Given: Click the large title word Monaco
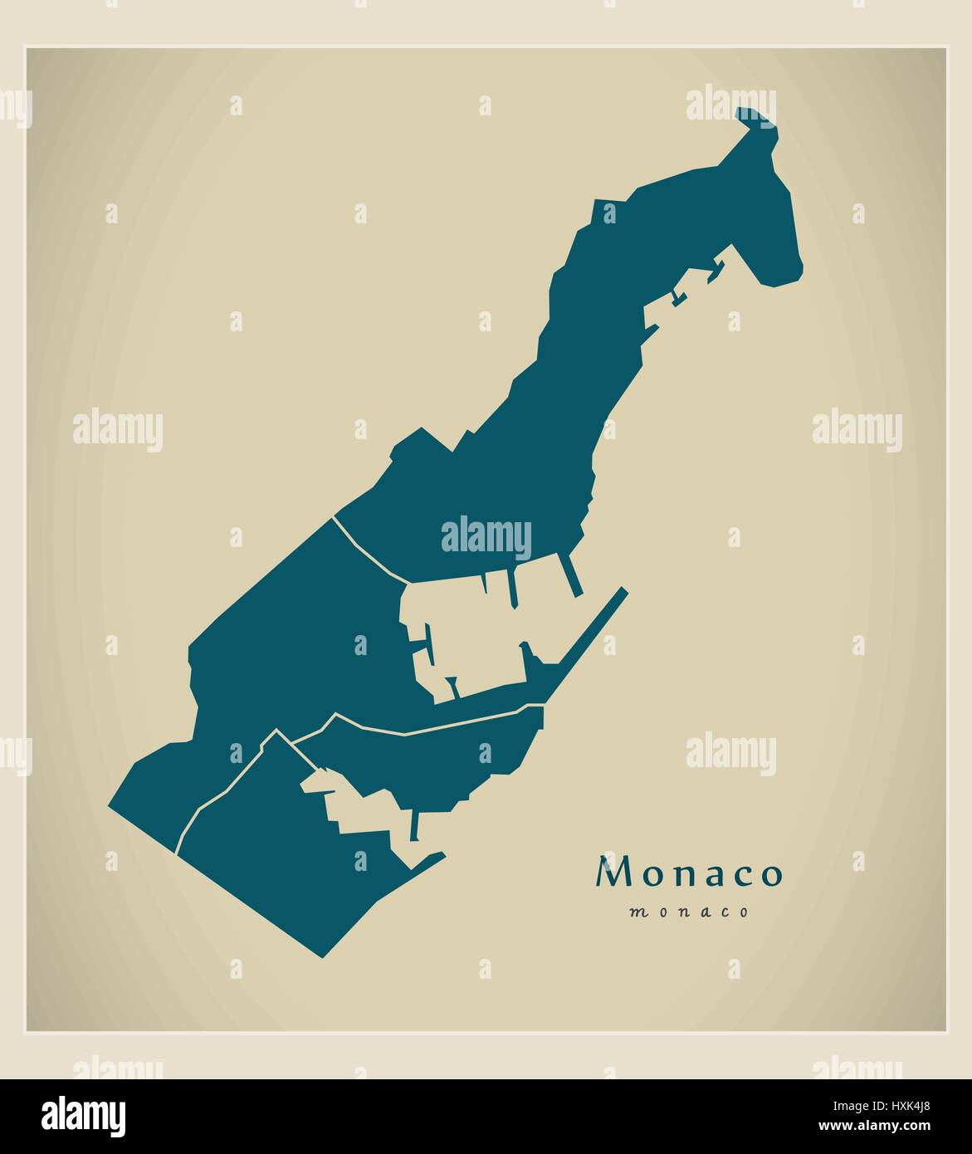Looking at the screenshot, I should point(689,873).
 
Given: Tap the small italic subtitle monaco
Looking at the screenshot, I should point(689,912).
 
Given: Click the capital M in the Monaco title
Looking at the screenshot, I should point(613,873).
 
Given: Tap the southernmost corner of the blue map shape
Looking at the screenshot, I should point(322,956).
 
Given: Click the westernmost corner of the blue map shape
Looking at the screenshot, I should point(110,804).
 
